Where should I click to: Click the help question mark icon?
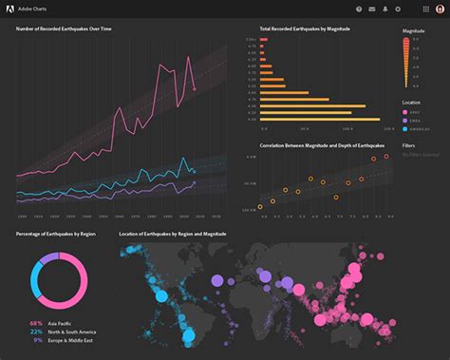[x=359, y=9]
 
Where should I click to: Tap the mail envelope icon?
[x=372, y=9]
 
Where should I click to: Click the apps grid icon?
[x=425, y=9]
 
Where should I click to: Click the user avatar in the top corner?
[x=439, y=9]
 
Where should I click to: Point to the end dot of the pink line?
[x=194, y=89]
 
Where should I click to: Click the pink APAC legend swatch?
[x=405, y=112]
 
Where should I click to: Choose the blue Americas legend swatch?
[x=405, y=127]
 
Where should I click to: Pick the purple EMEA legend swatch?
[x=405, y=120]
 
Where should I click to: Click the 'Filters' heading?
[x=409, y=145]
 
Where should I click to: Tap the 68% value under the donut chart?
[x=36, y=324]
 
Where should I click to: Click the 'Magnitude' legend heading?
[x=413, y=31]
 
